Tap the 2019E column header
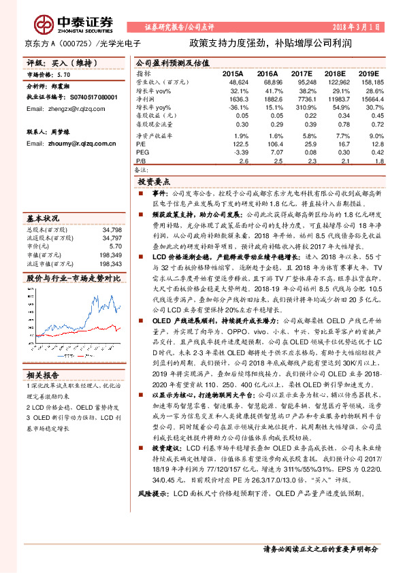coord(368,73)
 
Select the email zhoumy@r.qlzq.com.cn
coord(67,144)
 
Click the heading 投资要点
coord(153,183)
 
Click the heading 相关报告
coord(43,375)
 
